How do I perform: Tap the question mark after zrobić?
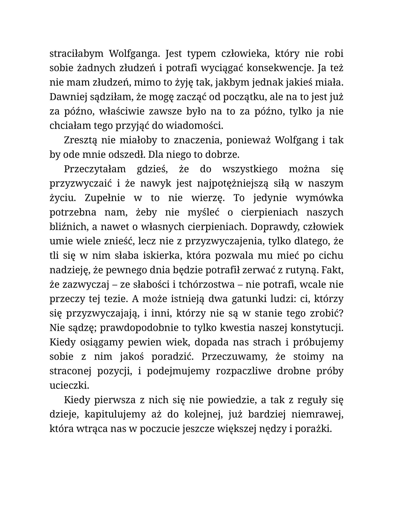coord(342,313)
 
